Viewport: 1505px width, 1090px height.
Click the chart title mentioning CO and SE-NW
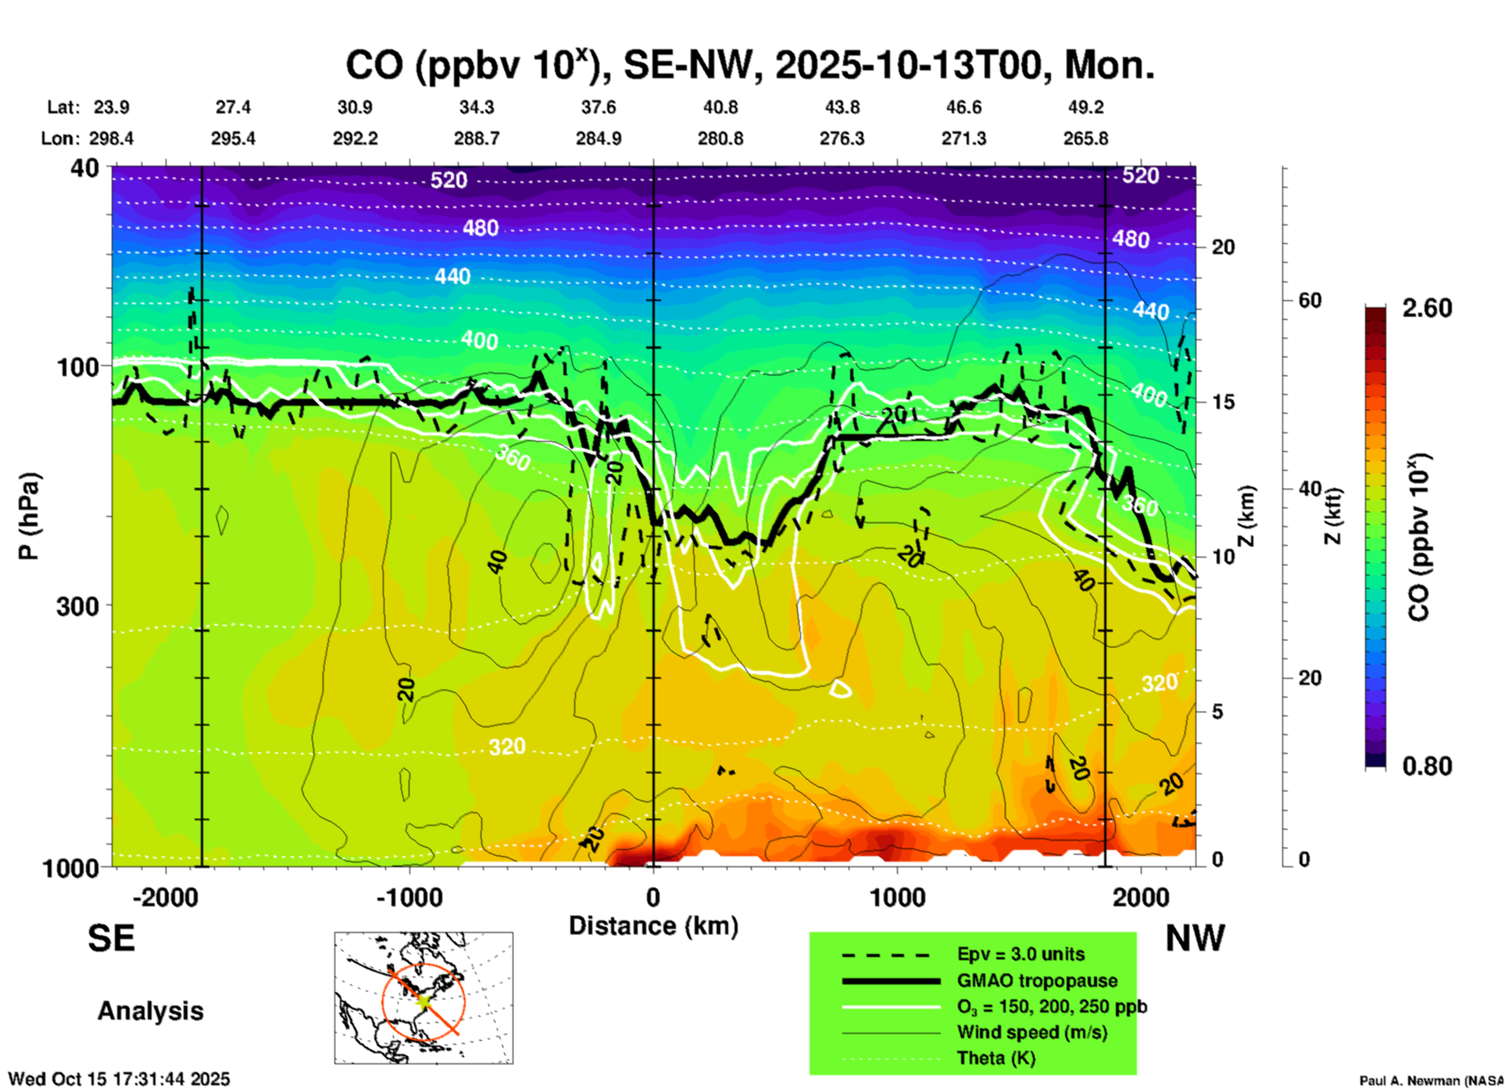(x=750, y=66)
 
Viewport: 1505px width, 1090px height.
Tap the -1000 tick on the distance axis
(x=409, y=898)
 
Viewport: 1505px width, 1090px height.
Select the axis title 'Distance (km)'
(x=653, y=926)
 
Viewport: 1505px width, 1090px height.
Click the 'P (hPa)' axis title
(x=29, y=516)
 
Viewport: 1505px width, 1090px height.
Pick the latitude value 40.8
(x=720, y=107)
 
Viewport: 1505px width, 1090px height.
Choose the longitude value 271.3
(x=963, y=138)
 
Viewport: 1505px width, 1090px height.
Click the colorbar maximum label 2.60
(x=1427, y=308)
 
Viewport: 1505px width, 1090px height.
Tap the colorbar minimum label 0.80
(x=1427, y=766)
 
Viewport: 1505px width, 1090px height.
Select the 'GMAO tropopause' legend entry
(x=1037, y=981)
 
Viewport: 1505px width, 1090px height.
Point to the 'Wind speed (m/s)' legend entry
(x=1031, y=1032)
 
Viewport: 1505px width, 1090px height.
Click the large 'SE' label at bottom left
(x=111, y=938)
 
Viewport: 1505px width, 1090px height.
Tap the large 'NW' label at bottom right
(x=1195, y=938)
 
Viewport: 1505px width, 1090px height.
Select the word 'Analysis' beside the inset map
(x=150, y=1011)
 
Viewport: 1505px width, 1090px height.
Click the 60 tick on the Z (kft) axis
(x=1310, y=300)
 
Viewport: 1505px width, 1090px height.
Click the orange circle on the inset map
(x=383, y=1001)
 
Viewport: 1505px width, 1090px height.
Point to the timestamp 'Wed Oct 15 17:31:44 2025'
(x=119, y=1079)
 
